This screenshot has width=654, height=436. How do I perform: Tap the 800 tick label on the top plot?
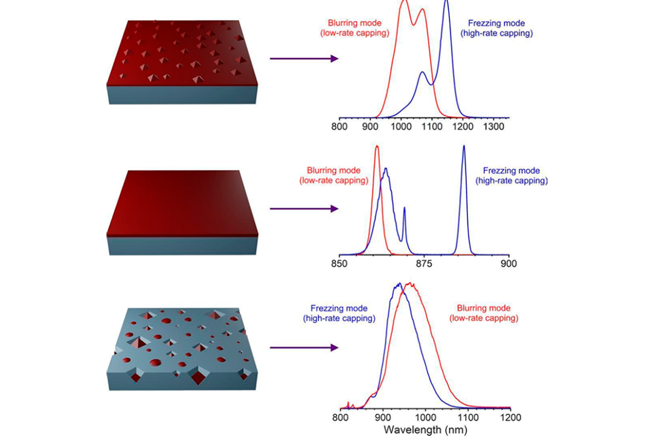click(339, 127)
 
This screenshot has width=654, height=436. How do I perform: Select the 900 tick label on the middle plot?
click(509, 263)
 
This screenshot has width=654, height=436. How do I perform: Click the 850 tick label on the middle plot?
click(339, 263)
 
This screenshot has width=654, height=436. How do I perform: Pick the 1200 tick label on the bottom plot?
click(510, 417)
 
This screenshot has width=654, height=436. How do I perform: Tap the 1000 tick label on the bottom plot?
click(425, 417)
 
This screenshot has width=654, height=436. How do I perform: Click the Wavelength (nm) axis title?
click(425, 429)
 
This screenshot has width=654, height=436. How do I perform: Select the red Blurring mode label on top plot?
click(354, 28)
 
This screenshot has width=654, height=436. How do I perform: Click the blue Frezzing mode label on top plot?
click(496, 28)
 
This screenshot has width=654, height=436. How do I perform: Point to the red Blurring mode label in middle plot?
click(333, 175)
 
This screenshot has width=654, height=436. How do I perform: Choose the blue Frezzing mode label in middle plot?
click(511, 176)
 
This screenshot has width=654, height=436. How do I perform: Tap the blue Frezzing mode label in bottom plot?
click(339, 313)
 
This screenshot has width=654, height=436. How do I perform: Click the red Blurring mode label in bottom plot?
click(484, 312)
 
